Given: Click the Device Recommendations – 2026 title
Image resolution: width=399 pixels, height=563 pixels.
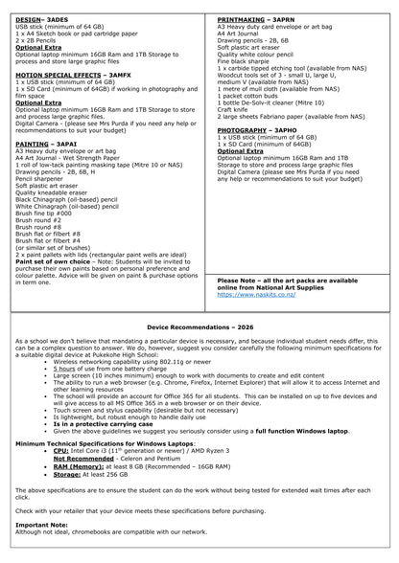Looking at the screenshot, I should pyautogui.click(x=199, y=327).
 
